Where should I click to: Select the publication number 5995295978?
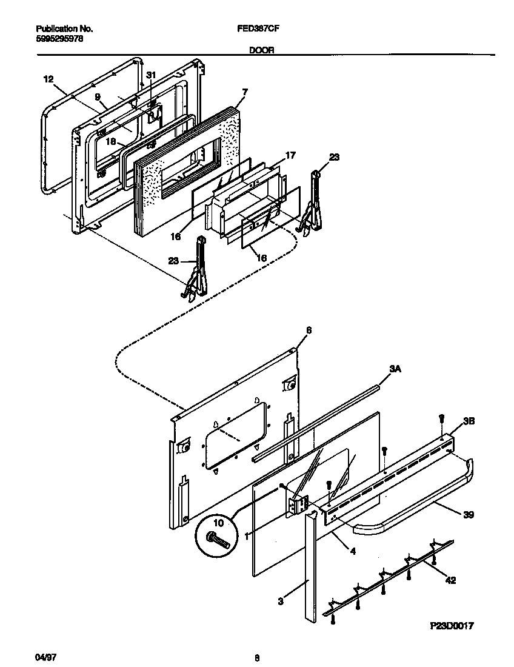tap(59, 38)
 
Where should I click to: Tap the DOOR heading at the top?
tap(261, 52)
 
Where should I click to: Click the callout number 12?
tap(48, 79)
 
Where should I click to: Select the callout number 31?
tap(152, 75)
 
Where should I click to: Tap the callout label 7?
tap(244, 92)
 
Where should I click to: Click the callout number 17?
tap(290, 156)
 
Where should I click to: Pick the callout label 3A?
tap(395, 368)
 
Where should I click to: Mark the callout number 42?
tap(450, 580)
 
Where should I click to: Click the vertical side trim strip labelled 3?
tap(310, 564)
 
